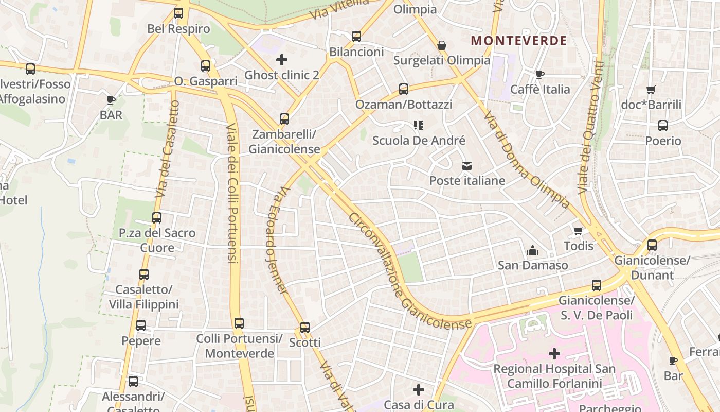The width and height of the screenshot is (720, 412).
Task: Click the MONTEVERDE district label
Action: [x=518, y=41]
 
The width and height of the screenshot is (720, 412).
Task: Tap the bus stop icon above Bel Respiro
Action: [x=178, y=13]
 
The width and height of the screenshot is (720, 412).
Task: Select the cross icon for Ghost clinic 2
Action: [x=282, y=60]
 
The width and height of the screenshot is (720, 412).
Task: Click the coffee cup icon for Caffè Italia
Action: [x=540, y=74]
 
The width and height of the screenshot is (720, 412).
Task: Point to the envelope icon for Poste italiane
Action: [x=467, y=166]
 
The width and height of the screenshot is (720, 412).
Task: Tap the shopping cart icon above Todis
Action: [x=579, y=231]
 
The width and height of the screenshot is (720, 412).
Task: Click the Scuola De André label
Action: [x=419, y=141]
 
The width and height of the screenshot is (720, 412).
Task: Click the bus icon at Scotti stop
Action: [x=305, y=327]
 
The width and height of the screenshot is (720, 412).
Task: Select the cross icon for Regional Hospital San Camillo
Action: [x=554, y=354]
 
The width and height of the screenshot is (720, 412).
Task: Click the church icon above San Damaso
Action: [x=532, y=250]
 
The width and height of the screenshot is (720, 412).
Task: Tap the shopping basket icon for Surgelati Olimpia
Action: [x=441, y=45]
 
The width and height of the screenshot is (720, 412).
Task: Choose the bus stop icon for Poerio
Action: [x=663, y=126]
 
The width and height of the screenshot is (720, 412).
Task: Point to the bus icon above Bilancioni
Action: [x=356, y=37]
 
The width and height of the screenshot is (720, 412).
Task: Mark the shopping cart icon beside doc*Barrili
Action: [x=651, y=90]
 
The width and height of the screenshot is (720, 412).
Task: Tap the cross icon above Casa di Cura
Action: [x=419, y=389]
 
